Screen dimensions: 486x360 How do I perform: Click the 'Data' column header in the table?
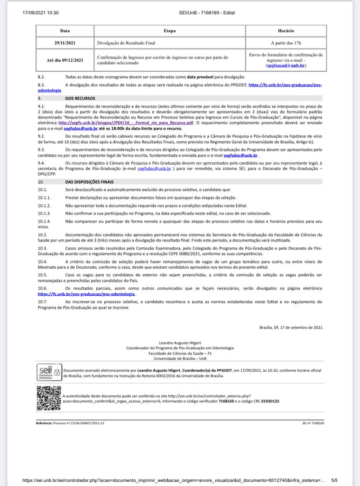pos(65,31)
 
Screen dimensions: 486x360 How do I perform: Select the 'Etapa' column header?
pos(169,31)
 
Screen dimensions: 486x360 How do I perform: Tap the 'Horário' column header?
pos(286,31)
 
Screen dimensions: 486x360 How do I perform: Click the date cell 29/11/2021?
pos(65,43)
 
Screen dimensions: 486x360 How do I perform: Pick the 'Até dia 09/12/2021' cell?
pos(65,60)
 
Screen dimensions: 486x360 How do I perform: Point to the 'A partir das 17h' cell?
pos(286,43)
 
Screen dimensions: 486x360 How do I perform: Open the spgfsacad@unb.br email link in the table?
pos(286,65)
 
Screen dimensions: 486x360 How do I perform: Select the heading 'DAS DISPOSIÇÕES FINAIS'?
pos(90,182)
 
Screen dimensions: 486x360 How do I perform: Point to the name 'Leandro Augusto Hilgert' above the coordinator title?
pos(180,342)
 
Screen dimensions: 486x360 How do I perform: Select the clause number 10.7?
pos(43,301)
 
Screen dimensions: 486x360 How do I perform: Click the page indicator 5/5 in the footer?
pos(334,480)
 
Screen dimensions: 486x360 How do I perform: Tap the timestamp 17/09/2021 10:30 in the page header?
pos(40,13)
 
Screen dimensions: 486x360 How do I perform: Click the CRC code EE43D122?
pos(270,401)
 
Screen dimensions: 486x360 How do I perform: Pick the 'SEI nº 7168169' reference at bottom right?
pos(313,422)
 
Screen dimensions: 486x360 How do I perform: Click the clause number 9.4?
pos(41,163)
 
